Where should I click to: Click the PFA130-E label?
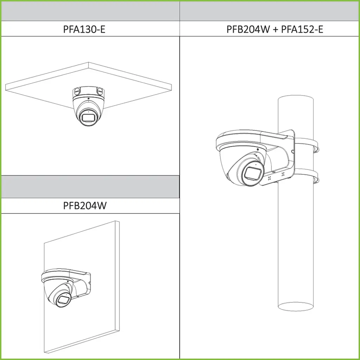point(84,29)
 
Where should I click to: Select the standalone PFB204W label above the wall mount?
point(85,206)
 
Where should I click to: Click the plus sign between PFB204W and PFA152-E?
point(275,29)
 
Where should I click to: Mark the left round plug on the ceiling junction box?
point(77,91)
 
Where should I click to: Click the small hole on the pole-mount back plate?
point(292,152)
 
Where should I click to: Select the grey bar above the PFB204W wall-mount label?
point(90,187)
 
